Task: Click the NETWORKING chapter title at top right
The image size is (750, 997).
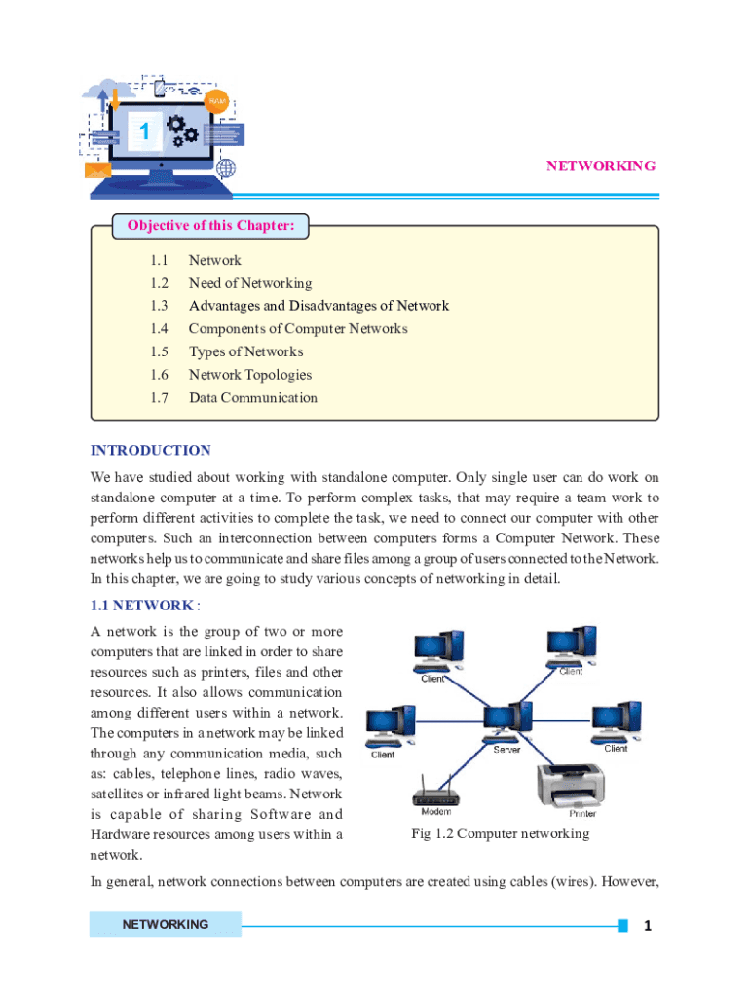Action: pos(600,166)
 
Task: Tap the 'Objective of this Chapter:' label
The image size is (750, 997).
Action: pos(210,227)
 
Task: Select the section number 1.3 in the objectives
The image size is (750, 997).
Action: pos(160,306)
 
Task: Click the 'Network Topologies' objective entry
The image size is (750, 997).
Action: pos(250,375)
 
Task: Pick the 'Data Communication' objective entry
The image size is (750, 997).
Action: pos(252,397)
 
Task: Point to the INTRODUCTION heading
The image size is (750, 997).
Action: pos(150,451)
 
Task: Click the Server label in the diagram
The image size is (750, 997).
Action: pos(506,750)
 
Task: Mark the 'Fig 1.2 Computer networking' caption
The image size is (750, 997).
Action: pos(500,834)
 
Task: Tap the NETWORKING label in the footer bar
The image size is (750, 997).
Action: pos(165,924)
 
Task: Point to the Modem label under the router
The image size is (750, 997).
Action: pos(435,811)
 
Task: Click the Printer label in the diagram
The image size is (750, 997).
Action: pos(582,814)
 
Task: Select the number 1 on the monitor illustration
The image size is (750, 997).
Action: pos(144,131)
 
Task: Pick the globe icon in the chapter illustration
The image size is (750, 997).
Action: pos(226,167)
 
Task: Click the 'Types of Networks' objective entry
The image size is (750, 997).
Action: pos(245,351)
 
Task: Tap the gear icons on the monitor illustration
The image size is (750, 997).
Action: pos(181,129)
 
